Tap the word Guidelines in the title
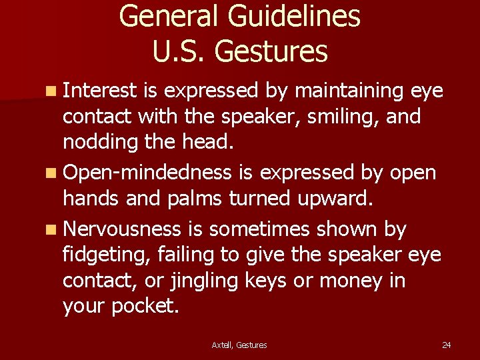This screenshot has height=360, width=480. [x=297, y=16]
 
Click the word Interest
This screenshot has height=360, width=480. [x=100, y=90]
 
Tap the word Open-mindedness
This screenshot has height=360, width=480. [x=147, y=173]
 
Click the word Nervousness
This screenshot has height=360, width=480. [x=121, y=229]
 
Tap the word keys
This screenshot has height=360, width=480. [x=268, y=281]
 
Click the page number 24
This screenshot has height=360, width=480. [x=447, y=345]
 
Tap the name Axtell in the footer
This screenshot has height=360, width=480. [x=223, y=345]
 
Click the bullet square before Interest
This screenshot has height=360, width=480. [x=51, y=91]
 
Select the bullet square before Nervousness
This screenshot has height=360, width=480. [x=51, y=229]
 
